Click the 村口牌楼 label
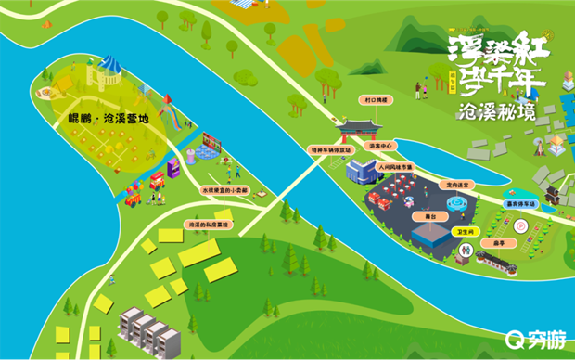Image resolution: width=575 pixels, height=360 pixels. click(376, 98)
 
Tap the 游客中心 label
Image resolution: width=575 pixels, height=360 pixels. click(381, 146)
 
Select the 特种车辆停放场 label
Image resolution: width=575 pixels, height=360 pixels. click(331, 148)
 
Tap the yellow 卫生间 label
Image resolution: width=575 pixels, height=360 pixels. click(465, 231)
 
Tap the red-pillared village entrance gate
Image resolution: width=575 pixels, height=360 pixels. click(357, 127)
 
